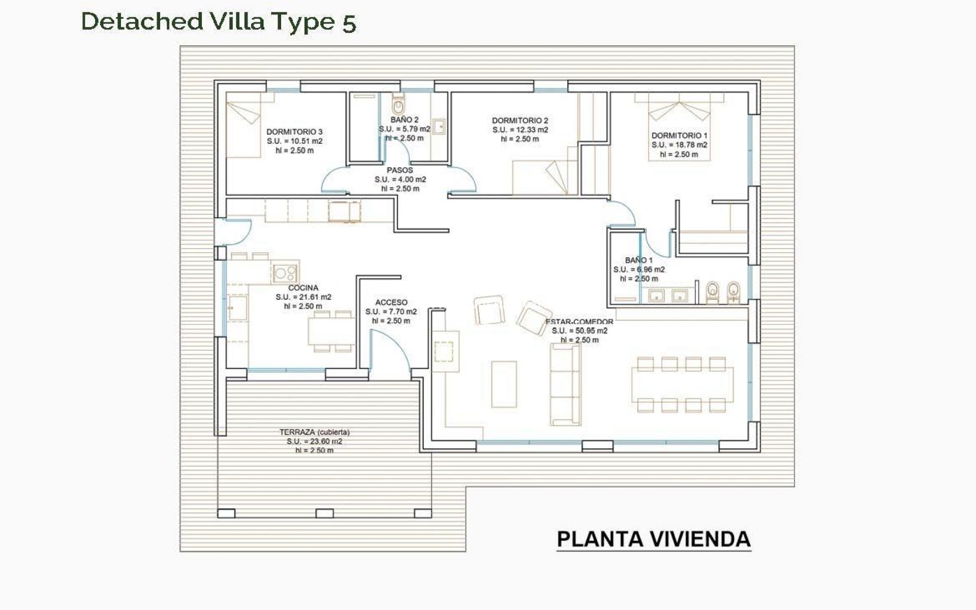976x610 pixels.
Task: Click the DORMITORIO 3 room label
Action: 294,132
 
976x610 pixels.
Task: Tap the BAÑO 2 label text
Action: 405,120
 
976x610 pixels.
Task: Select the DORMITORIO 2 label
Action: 520,121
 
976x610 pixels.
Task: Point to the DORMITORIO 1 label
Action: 679,136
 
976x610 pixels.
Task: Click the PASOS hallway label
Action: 400,170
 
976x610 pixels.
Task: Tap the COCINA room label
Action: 303,288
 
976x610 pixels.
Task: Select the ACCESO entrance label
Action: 391,302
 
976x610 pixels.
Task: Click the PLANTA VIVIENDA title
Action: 654,539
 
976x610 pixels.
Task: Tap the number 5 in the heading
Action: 349,23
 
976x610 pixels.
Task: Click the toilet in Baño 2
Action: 398,106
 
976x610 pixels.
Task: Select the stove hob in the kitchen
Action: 285,273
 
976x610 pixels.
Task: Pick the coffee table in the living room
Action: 504,384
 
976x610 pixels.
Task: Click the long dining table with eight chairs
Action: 682,384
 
